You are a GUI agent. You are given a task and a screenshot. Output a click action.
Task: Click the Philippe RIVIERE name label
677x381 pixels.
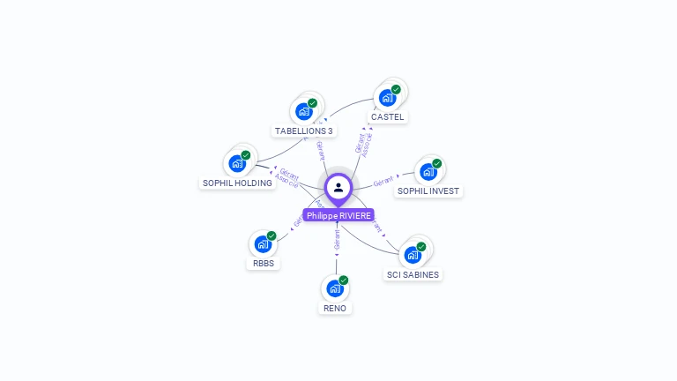[338, 215]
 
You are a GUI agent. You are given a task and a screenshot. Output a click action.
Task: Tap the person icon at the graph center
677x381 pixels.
[338, 187]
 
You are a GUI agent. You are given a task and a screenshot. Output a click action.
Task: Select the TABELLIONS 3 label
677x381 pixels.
[304, 131]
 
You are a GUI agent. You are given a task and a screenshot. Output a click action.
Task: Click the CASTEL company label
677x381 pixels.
[388, 116]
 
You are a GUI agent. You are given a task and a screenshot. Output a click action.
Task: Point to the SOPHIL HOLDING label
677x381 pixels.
[237, 183]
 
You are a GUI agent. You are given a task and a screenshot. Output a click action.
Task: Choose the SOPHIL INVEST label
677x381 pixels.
[428, 190]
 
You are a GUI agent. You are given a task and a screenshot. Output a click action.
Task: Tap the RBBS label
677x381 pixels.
[264, 263]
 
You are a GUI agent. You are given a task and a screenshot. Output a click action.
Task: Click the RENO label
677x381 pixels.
[335, 308]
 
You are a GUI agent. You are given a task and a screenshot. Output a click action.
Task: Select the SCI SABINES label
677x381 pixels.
[413, 274]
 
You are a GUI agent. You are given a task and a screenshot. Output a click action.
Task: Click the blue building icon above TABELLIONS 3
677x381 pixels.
[304, 111]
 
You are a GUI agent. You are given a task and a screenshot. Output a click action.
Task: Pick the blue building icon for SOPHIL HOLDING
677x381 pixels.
[237, 163]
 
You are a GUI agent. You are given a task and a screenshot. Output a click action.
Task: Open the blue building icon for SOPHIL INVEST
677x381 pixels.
[428, 171]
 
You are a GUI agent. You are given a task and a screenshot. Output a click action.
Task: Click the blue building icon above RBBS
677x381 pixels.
[263, 243]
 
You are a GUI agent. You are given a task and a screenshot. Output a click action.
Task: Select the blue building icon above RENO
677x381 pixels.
[334, 288]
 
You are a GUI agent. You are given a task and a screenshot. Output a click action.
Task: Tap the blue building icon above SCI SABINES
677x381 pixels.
[413, 255]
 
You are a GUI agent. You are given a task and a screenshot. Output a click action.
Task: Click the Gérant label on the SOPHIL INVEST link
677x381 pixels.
[383, 182]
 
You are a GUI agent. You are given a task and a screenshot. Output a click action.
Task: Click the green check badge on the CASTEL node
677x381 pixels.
[396, 89]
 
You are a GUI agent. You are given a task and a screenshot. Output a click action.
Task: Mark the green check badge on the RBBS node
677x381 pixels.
[272, 235]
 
